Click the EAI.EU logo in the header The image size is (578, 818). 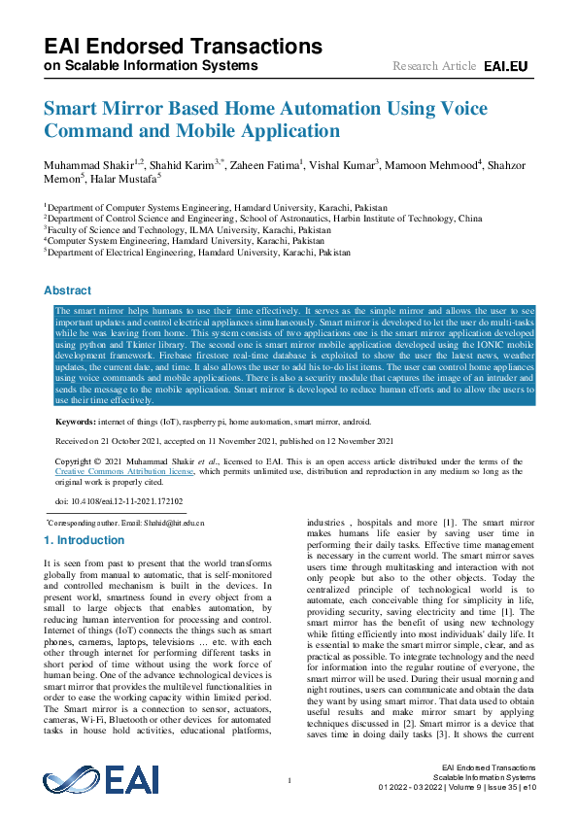click(x=505, y=66)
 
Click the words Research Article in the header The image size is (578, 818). click(x=434, y=66)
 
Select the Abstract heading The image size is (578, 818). click(x=68, y=290)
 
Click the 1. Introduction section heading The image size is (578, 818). click(x=85, y=539)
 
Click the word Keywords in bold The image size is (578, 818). click(x=75, y=423)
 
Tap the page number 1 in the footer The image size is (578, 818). click(x=289, y=780)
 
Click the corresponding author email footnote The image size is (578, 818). click(x=126, y=523)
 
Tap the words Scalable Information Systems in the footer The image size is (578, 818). click(x=484, y=777)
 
